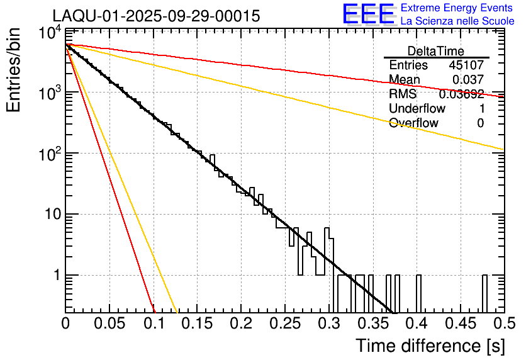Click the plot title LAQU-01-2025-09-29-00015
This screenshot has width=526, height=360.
(x=156, y=16)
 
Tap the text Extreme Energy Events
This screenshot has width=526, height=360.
(x=457, y=8)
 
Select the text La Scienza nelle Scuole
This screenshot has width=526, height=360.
(x=457, y=21)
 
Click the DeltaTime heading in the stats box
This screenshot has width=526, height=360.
(x=436, y=51)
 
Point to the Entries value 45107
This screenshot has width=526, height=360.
(x=466, y=65)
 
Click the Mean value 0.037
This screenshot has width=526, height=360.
(x=468, y=79)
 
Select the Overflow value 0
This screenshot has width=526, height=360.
(x=480, y=123)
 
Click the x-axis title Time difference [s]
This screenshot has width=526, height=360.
(x=430, y=346)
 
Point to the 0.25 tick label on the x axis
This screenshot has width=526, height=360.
(x=285, y=323)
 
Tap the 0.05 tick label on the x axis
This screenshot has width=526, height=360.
(x=109, y=323)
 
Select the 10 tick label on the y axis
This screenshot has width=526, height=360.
(x=49, y=215)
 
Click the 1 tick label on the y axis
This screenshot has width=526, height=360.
(x=55, y=276)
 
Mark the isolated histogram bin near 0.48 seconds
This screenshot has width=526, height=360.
(x=485, y=293)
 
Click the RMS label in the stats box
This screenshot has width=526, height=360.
(x=403, y=94)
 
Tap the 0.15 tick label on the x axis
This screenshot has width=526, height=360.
(x=198, y=323)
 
